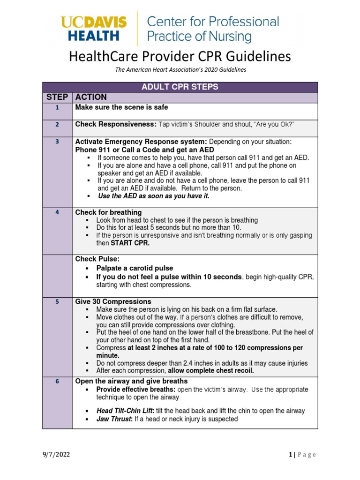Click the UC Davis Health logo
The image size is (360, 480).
click(94, 29)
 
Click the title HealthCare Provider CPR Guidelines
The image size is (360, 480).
click(180, 57)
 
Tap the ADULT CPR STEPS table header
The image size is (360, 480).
click(180, 87)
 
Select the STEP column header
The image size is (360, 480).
click(57, 97)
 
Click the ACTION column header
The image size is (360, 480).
click(91, 97)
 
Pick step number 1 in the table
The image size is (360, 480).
click(57, 107)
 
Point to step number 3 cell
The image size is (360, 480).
click(57, 142)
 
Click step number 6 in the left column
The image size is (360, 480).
click(57, 382)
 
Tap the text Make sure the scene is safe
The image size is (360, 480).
click(121, 107)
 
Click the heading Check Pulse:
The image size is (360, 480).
click(94, 259)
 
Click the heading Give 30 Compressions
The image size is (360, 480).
click(113, 302)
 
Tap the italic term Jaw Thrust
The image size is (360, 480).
click(114, 419)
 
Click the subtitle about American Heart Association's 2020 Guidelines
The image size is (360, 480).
click(180, 69)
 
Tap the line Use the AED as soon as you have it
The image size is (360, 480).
click(153, 196)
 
